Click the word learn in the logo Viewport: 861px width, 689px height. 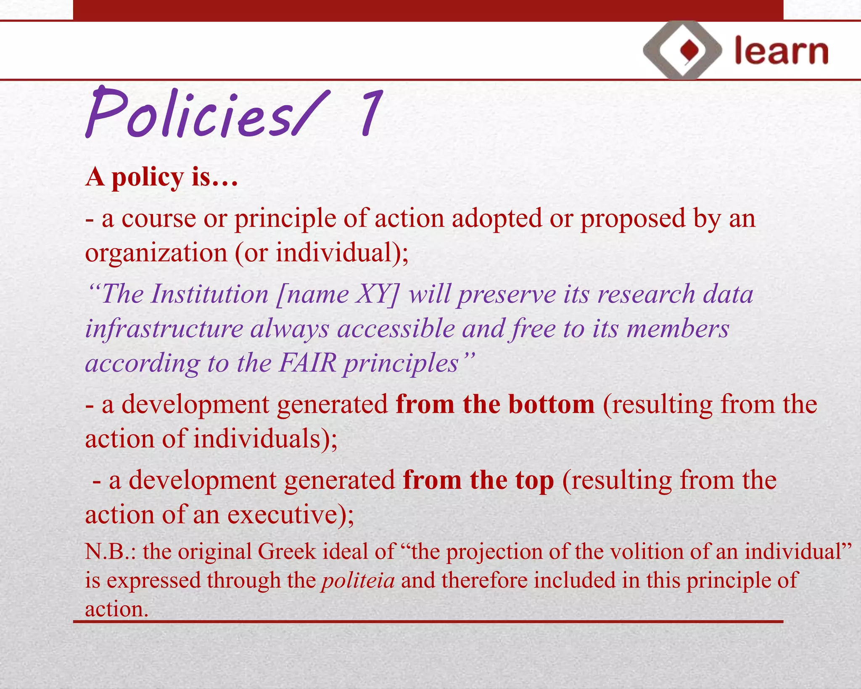coord(781,51)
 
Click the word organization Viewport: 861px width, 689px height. coord(156,253)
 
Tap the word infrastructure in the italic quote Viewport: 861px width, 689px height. coord(164,329)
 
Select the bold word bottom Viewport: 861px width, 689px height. coord(551,404)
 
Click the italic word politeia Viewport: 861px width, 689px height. coord(358,580)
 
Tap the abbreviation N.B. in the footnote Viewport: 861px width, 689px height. coord(110,551)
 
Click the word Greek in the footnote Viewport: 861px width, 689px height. coord(286,551)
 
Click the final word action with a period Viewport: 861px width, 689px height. coord(116,609)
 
